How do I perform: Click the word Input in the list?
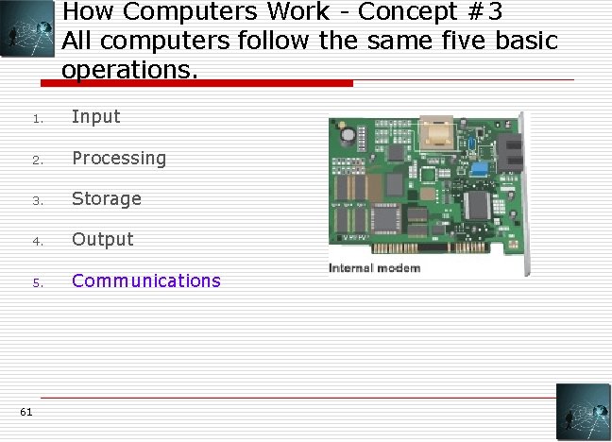(96, 117)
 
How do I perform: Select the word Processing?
(119, 158)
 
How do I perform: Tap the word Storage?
(107, 198)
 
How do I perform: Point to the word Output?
(103, 239)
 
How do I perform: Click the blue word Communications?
(146, 280)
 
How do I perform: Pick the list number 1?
(33, 119)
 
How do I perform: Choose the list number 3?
(33, 200)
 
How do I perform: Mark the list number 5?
(33, 282)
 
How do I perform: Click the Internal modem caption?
(374, 268)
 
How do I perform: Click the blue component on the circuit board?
(480, 169)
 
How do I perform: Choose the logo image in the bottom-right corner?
(583, 412)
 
